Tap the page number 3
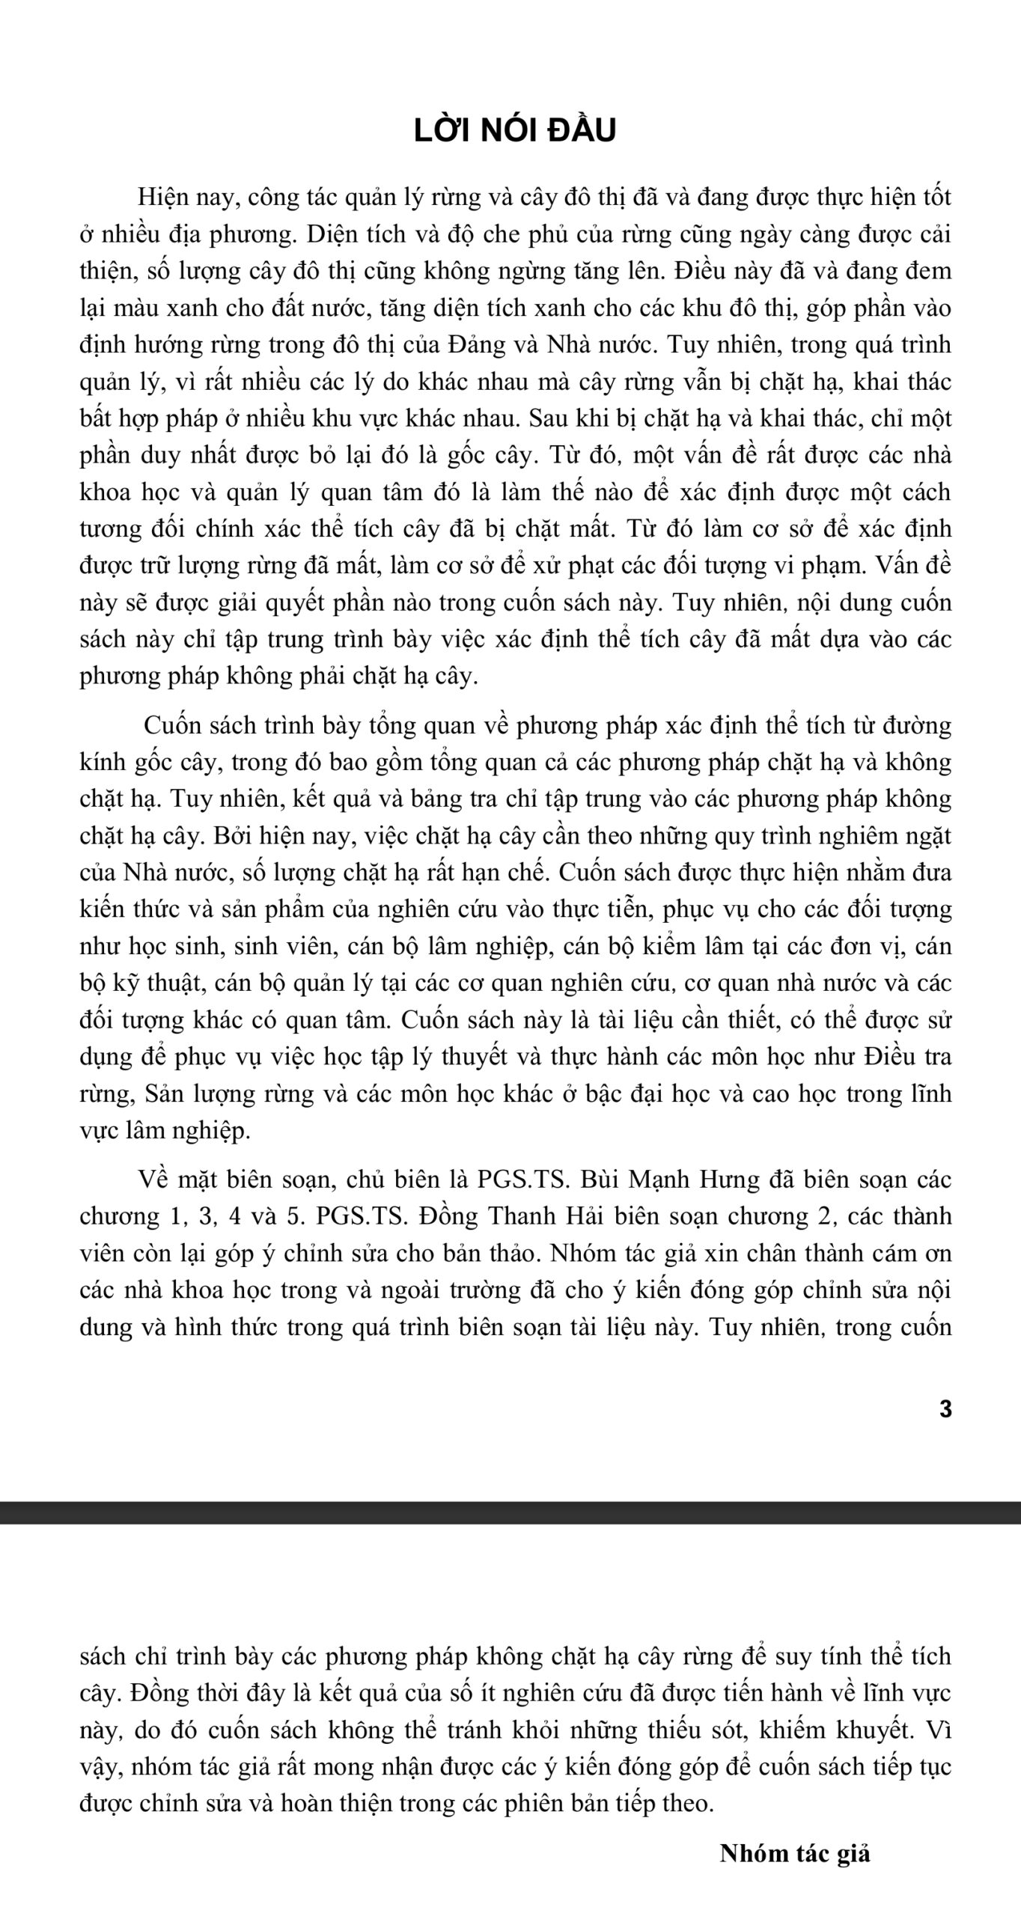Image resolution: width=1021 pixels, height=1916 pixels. (x=945, y=1409)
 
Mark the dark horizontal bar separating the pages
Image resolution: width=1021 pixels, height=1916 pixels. (x=510, y=1513)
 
